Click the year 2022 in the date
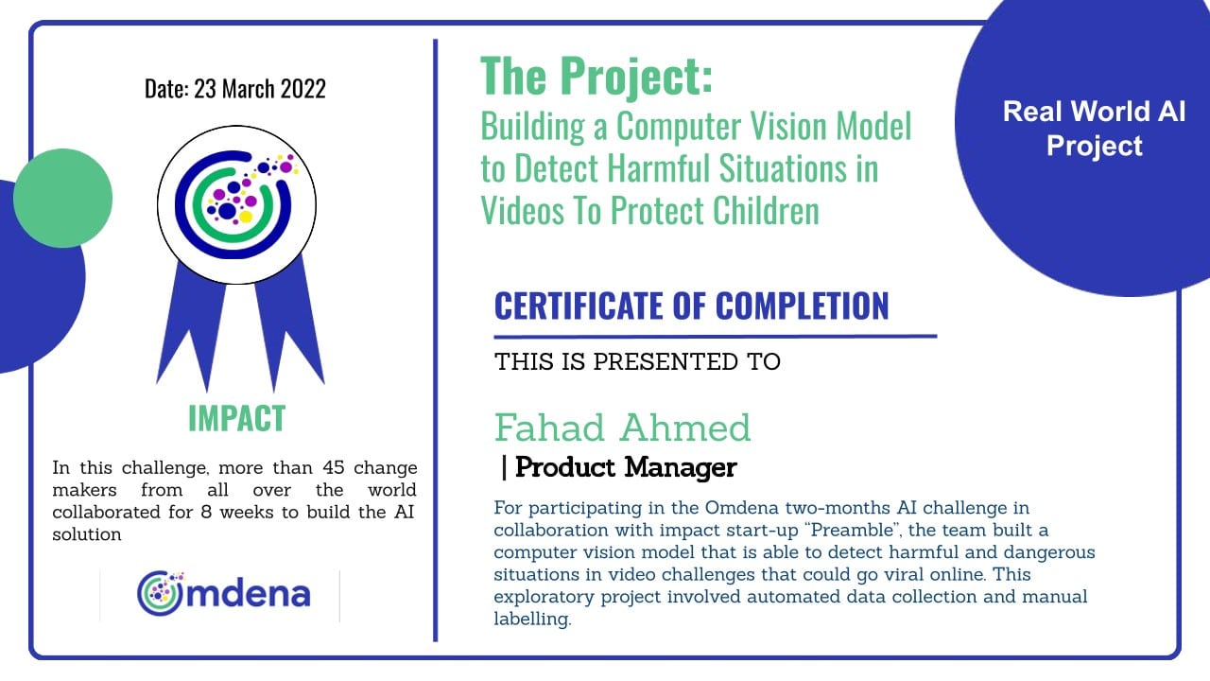[303, 89]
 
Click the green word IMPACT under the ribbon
[236, 418]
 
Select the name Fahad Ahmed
[622, 428]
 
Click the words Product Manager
[626, 467]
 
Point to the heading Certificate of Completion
[691, 306]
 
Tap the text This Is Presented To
[637, 361]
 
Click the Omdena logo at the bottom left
[224, 593]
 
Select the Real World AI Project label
[1094, 129]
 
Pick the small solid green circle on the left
[62, 199]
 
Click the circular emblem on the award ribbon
[236, 205]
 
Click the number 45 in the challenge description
[334, 467]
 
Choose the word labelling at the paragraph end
[532, 620]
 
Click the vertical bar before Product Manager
[504, 467]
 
